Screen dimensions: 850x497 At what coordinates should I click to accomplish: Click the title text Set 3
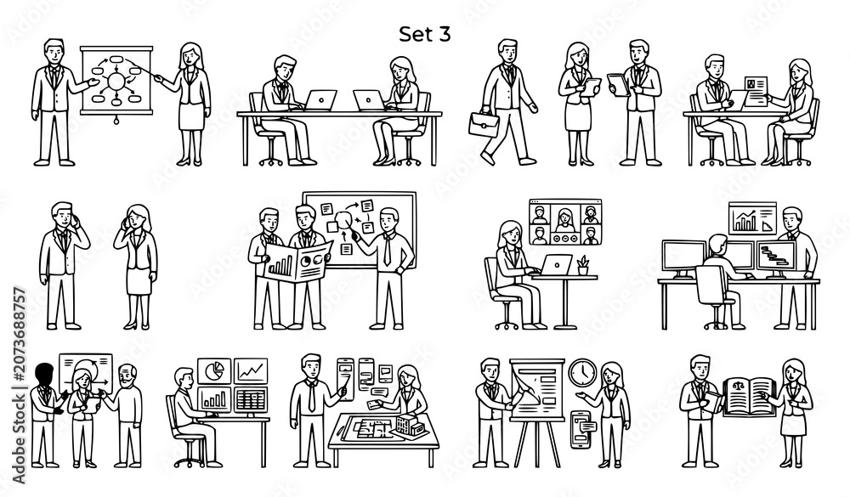tap(424, 34)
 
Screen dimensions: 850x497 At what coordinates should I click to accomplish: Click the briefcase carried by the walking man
tap(484, 124)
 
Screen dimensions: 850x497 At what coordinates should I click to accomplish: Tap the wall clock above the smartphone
tap(583, 373)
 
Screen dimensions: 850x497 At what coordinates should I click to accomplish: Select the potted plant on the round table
tap(583, 266)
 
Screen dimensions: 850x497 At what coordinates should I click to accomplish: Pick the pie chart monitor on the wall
tap(214, 370)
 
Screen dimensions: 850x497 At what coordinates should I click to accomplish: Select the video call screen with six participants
tap(565, 223)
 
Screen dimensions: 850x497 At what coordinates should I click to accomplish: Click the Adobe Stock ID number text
tap(19, 386)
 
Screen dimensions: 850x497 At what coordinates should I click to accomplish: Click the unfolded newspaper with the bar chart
tap(297, 262)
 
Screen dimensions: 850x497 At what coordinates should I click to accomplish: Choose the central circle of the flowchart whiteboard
tap(116, 81)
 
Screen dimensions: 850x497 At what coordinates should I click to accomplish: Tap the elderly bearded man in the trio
tap(127, 415)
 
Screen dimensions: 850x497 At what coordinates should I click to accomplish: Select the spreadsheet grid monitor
tap(251, 399)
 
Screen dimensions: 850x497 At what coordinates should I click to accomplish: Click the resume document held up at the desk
tap(756, 91)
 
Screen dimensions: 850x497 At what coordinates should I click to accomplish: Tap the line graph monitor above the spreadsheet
tap(251, 370)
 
